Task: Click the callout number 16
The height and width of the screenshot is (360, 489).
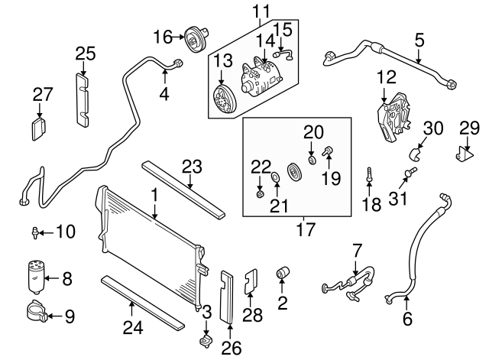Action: click(x=162, y=37)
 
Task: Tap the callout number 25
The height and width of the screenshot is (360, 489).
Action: click(x=86, y=53)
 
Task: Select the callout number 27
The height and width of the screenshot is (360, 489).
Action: click(x=43, y=95)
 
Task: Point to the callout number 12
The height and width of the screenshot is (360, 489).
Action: click(x=386, y=77)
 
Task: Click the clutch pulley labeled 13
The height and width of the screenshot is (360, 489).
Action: click(x=223, y=102)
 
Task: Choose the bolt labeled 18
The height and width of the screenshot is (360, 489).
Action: click(x=368, y=174)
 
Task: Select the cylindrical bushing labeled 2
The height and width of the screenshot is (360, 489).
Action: click(x=281, y=273)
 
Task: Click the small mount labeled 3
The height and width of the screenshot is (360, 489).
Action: click(x=204, y=339)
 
